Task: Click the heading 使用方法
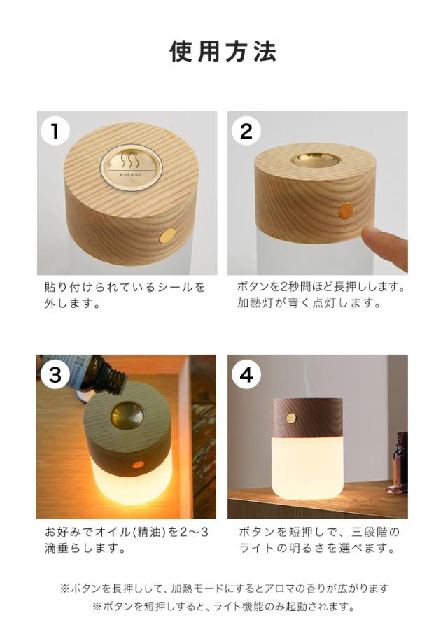pyautogui.click(x=223, y=51)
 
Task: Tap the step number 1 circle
pyautogui.click(x=55, y=131)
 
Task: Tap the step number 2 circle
pyautogui.click(x=246, y=131)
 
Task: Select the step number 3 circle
pyautogui.click(x=55, y=375)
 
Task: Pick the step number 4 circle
pyautogui.click(x=246, y=375)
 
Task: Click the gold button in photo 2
pyautogui.click(x=346, y=211)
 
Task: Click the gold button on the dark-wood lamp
pyautogui.click(x=292, y=418)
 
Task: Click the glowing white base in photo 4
pyautogui.click(x=307, y=468)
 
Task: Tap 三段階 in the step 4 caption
pyautogui.click(x=370, y=532)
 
